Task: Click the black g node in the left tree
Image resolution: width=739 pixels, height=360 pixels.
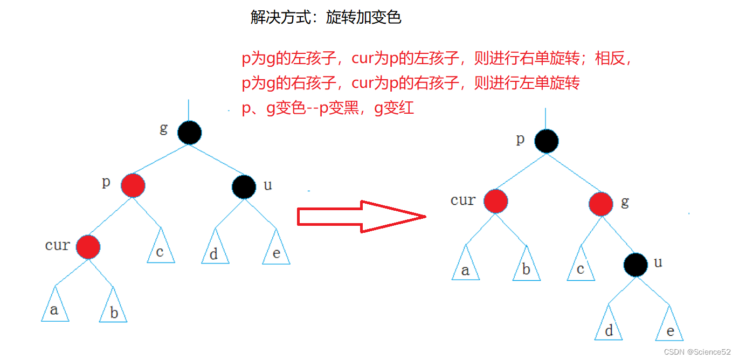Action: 189,133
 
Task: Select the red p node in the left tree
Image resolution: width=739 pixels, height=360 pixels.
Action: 133,185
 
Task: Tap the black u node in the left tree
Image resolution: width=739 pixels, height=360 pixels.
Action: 244,186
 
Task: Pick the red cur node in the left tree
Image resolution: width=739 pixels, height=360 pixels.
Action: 88,247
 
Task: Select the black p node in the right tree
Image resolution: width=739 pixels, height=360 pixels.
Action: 547,141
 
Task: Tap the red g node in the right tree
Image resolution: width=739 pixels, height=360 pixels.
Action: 600,204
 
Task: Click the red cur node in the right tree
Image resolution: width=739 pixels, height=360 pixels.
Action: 495,202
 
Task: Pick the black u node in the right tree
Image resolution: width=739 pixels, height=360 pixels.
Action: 636,264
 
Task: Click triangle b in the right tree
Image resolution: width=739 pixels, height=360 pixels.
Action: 526,267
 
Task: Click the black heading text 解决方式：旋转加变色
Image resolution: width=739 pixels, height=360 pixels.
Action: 326,17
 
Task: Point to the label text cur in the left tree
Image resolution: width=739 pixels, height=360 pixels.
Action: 57,245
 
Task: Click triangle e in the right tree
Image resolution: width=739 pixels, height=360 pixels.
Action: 669,328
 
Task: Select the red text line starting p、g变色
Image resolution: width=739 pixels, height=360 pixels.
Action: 328,108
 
